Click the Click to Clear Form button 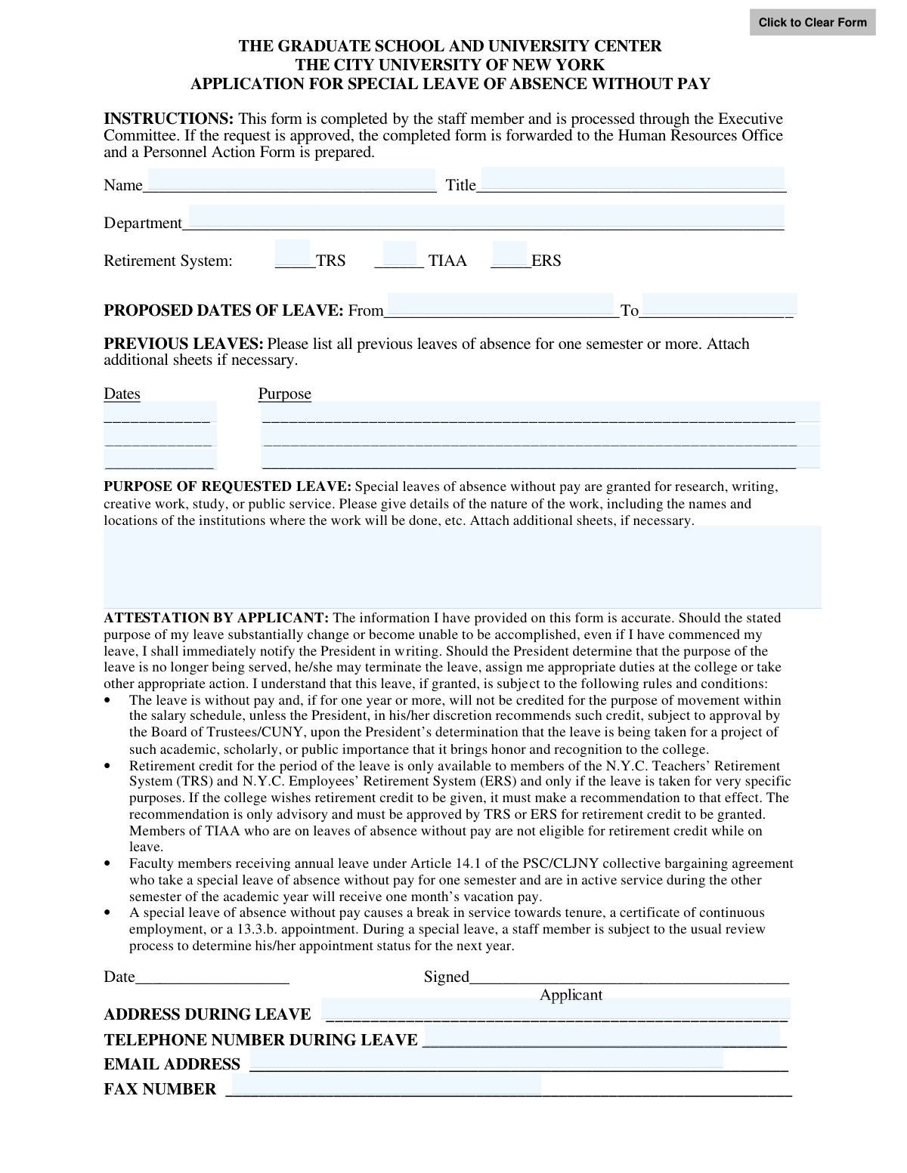[813, 23]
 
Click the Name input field [291, 180]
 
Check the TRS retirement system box [293, 252]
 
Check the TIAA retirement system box [400, 252]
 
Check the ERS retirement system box [509, 252]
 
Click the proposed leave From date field [500, 304]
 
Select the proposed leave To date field [719, 304]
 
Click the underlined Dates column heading [122, 394]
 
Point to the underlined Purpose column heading [284, 394]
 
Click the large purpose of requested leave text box [462, 566]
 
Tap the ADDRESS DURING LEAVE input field [556, 1009]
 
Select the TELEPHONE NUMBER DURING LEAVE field [602, 1036]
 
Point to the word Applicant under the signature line [571, 995]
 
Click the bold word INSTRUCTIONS [169, 119]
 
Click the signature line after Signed [629, 977]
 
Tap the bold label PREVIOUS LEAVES [184, 344]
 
